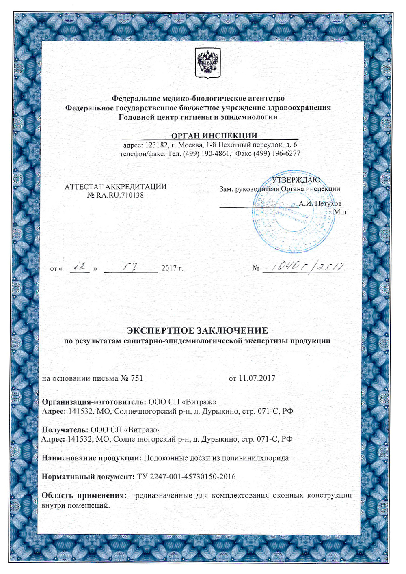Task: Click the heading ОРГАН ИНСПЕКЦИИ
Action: [214, 136]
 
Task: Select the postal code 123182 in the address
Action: [156, 145]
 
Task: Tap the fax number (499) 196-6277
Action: [279, 153]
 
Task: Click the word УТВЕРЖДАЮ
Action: [296, 180]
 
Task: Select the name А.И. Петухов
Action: [320, 203]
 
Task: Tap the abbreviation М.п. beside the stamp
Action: [341, 212]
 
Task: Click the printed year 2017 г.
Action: [172, 268]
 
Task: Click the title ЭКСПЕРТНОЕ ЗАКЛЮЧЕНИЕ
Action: [197, 330]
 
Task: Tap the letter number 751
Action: [136, 378]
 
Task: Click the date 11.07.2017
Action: [257, 378]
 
